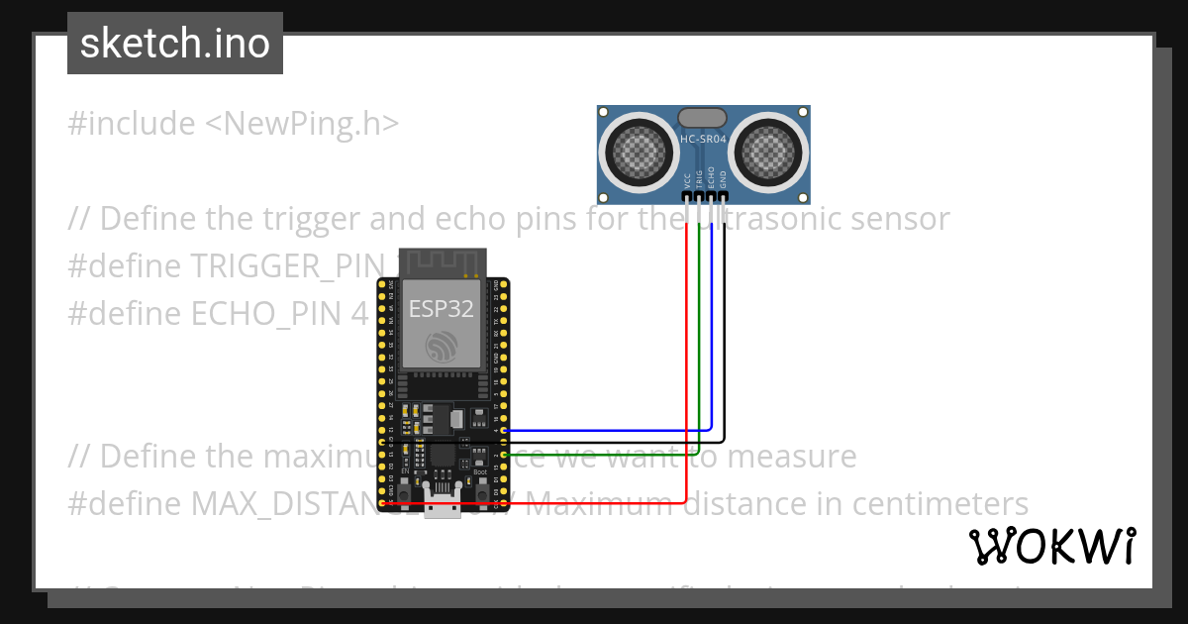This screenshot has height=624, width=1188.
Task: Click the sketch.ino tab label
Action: click(x=174, y=44)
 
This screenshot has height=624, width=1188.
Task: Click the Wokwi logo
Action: click(x=1051, y=546)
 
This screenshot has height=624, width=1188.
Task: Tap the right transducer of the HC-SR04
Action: click(x=771, y=151)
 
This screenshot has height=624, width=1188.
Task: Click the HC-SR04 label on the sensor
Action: click(x=704, y=140)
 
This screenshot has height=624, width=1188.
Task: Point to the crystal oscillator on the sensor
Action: click(x=704, y=118)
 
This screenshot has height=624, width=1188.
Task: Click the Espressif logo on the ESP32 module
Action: click(x=443, y=346)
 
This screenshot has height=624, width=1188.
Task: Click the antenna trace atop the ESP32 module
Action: click(x=443, y=262)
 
